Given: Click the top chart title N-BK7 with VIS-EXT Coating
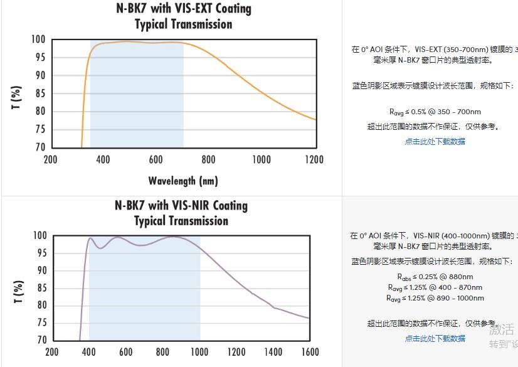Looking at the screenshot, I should click(184, 9).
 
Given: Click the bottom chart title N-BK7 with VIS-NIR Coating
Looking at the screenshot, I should click(181, 206).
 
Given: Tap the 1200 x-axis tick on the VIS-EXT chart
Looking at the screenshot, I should click(314, 159).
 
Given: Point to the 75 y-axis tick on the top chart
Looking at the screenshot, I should click(39, 130).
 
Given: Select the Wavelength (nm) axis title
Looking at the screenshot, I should click(183, 181).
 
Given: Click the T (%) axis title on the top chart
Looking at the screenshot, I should click(18, 98).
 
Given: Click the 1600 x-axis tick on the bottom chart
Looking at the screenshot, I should click(309, 352).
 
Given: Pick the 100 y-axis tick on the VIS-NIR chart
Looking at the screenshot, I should click(40, 236).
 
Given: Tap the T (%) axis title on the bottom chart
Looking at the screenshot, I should click(18, 292).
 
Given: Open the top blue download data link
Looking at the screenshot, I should click(435, 142).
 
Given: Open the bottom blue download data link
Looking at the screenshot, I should click(435, 339).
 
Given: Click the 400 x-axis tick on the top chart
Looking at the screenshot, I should click(103, 159).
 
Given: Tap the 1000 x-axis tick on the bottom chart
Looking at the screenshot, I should click(199, 352).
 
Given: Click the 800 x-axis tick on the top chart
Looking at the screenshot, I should click(209, 159).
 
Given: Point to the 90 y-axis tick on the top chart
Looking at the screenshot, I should click(39, 76).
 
